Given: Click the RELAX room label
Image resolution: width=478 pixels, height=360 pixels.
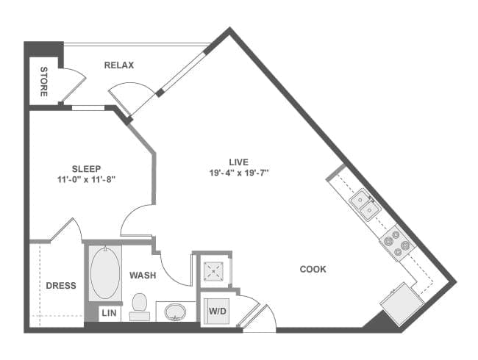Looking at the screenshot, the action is pyautogui.click(x=119, y=65).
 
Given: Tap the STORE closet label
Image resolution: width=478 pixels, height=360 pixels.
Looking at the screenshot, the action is pyautogui.click(x=44, y=82).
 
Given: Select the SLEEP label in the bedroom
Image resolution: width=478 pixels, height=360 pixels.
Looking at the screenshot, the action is pyautogui.click(x=86, y=169).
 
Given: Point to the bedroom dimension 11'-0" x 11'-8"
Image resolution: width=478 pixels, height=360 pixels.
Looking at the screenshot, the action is pyautogui.click(x=86, y=180).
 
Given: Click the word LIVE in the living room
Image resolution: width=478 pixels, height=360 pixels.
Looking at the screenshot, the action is pyautogui.click(x=239, y=162).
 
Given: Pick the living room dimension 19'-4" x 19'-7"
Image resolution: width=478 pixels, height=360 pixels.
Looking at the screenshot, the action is pyautogui.click(x=239, y=173).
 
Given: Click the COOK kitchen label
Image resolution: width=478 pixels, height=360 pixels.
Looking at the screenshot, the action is pyautogui.click(x=313, y=269).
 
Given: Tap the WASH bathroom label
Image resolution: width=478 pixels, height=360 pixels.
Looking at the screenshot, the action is pyautogui.click(x=143, y=276).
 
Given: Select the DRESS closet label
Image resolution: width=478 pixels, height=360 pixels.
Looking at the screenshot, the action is pyautogui.click(x=61, y=286).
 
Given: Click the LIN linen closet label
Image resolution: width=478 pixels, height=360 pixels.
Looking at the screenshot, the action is pyautogui.click(x=109, y=313).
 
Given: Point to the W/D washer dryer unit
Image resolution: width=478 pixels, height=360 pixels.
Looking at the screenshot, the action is pyautogui.click(x=218, y=312).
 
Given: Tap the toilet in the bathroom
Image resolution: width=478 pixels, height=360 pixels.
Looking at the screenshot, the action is pyautogui.click(x=140, y=306).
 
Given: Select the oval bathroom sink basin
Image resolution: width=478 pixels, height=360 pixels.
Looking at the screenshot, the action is pyautogui.click(x=175, y=312).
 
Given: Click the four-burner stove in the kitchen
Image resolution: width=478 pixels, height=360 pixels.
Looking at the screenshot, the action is pyautogui.click(x=396, y=243).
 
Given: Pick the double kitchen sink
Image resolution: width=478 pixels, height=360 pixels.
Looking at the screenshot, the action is pyautogui.click(x=364, y=204).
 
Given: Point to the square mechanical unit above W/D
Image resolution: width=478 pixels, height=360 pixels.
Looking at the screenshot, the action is pyautogui.click(x=213, y=270).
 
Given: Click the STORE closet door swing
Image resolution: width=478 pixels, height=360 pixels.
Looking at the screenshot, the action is pyautogui.click(x=74, y=85).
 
